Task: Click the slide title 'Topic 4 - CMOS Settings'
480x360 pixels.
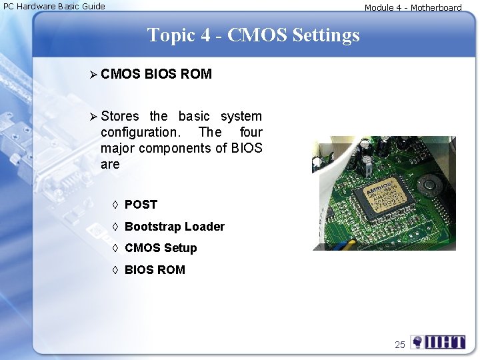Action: click(253, 35)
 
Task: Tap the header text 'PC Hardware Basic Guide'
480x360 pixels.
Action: click(55, 6)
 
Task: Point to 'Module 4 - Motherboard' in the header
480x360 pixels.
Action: click(413, 7)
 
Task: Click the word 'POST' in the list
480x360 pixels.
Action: click(141, 205)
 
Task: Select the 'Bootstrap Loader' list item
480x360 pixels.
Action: click(175, 227)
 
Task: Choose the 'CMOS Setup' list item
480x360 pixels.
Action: click(161, 248)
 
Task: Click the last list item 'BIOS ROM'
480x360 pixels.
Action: click(155, 270)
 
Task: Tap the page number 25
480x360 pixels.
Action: click(400, 345)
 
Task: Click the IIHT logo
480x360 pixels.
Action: click(438, 342)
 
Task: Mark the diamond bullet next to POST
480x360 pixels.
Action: click(115, 205)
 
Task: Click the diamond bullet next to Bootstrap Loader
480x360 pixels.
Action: click(115, 227)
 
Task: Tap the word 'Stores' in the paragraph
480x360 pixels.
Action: click(120, 117)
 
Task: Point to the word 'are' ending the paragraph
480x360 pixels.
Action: click(110, 164)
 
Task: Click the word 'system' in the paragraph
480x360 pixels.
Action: click(241, 117)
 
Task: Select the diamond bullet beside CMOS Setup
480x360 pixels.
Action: click(115, 248)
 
